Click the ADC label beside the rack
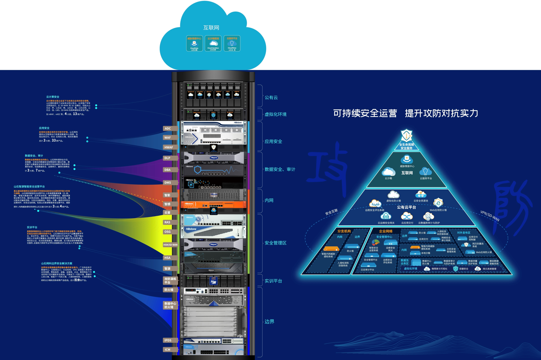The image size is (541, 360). click(168, 129)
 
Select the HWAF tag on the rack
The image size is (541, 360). click(169, 147)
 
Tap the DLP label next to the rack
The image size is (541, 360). click(168, 158)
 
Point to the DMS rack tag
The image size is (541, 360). click(168, 183)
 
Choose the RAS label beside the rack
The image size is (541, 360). click(168, 222)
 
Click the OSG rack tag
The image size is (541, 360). click(168, 232)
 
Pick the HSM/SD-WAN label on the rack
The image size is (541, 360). click(171, 245)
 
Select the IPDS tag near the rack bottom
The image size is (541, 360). click(168, 340)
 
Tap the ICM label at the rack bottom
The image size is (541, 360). click(168, 349)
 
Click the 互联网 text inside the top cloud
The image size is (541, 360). click(211, 27)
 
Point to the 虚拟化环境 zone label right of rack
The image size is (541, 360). click(276, 114)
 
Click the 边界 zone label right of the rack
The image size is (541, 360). click(269, 322)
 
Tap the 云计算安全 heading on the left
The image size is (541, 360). click(53, 97)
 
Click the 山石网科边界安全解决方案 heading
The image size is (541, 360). click(57, 263)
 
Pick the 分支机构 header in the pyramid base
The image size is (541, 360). click(344, 231)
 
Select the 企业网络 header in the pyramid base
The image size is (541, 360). click(386, 231)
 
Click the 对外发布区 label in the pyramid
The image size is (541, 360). click(464, 233)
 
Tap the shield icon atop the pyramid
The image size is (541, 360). click(406, 135)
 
